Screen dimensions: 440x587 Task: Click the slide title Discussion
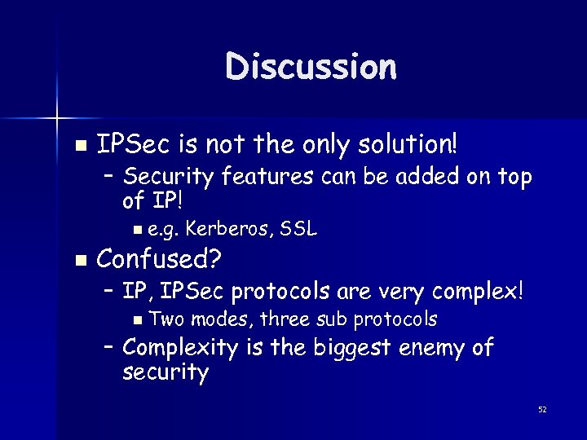click(311, 67)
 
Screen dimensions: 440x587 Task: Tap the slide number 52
click(541, 409)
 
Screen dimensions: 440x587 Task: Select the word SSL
click(298, 231)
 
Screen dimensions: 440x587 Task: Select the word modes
click(215, 319)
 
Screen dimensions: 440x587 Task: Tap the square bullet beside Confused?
click(79, 261)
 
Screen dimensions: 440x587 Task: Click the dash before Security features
click(110, 177)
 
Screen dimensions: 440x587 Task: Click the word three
click(280, 319)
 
